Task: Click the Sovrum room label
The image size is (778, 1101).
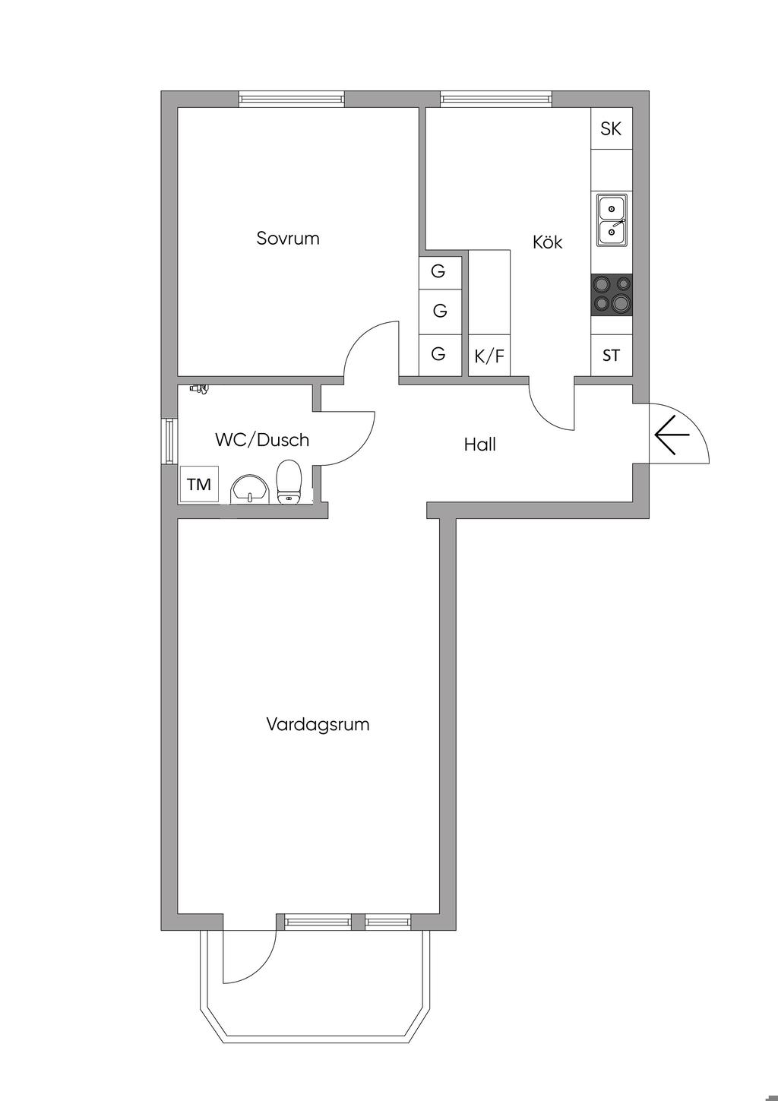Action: pos(287,239)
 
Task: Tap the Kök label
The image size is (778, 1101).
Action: pos(547,242)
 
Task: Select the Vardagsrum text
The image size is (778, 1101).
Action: pos(318,724)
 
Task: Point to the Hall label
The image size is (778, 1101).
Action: pos(480,445)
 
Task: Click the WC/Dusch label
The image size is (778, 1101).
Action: pos(262,440)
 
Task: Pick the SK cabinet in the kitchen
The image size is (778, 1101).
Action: pos(611,128)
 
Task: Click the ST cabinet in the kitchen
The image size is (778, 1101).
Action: pos(611,355)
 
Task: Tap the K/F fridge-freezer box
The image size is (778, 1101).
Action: pos(489,356)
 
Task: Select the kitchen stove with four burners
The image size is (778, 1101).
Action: pos(612,294)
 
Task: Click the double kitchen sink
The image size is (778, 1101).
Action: pos(612,220)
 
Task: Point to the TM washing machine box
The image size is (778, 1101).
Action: pos(199,484)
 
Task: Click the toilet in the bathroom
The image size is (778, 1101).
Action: pos(289,482)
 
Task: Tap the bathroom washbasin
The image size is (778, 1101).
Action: pos(249,488)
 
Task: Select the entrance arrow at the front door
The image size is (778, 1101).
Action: pos(671,436)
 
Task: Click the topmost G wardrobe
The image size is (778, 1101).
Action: pos(439,271)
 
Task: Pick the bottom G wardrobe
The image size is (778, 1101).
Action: pos(439,354)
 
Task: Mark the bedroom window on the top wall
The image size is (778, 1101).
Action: pos(291,98)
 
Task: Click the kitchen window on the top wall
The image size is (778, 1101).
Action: pos(496,98)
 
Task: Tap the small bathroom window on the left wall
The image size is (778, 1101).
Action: pos(169,440)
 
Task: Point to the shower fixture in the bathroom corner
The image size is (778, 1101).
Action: pos(200,389)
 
